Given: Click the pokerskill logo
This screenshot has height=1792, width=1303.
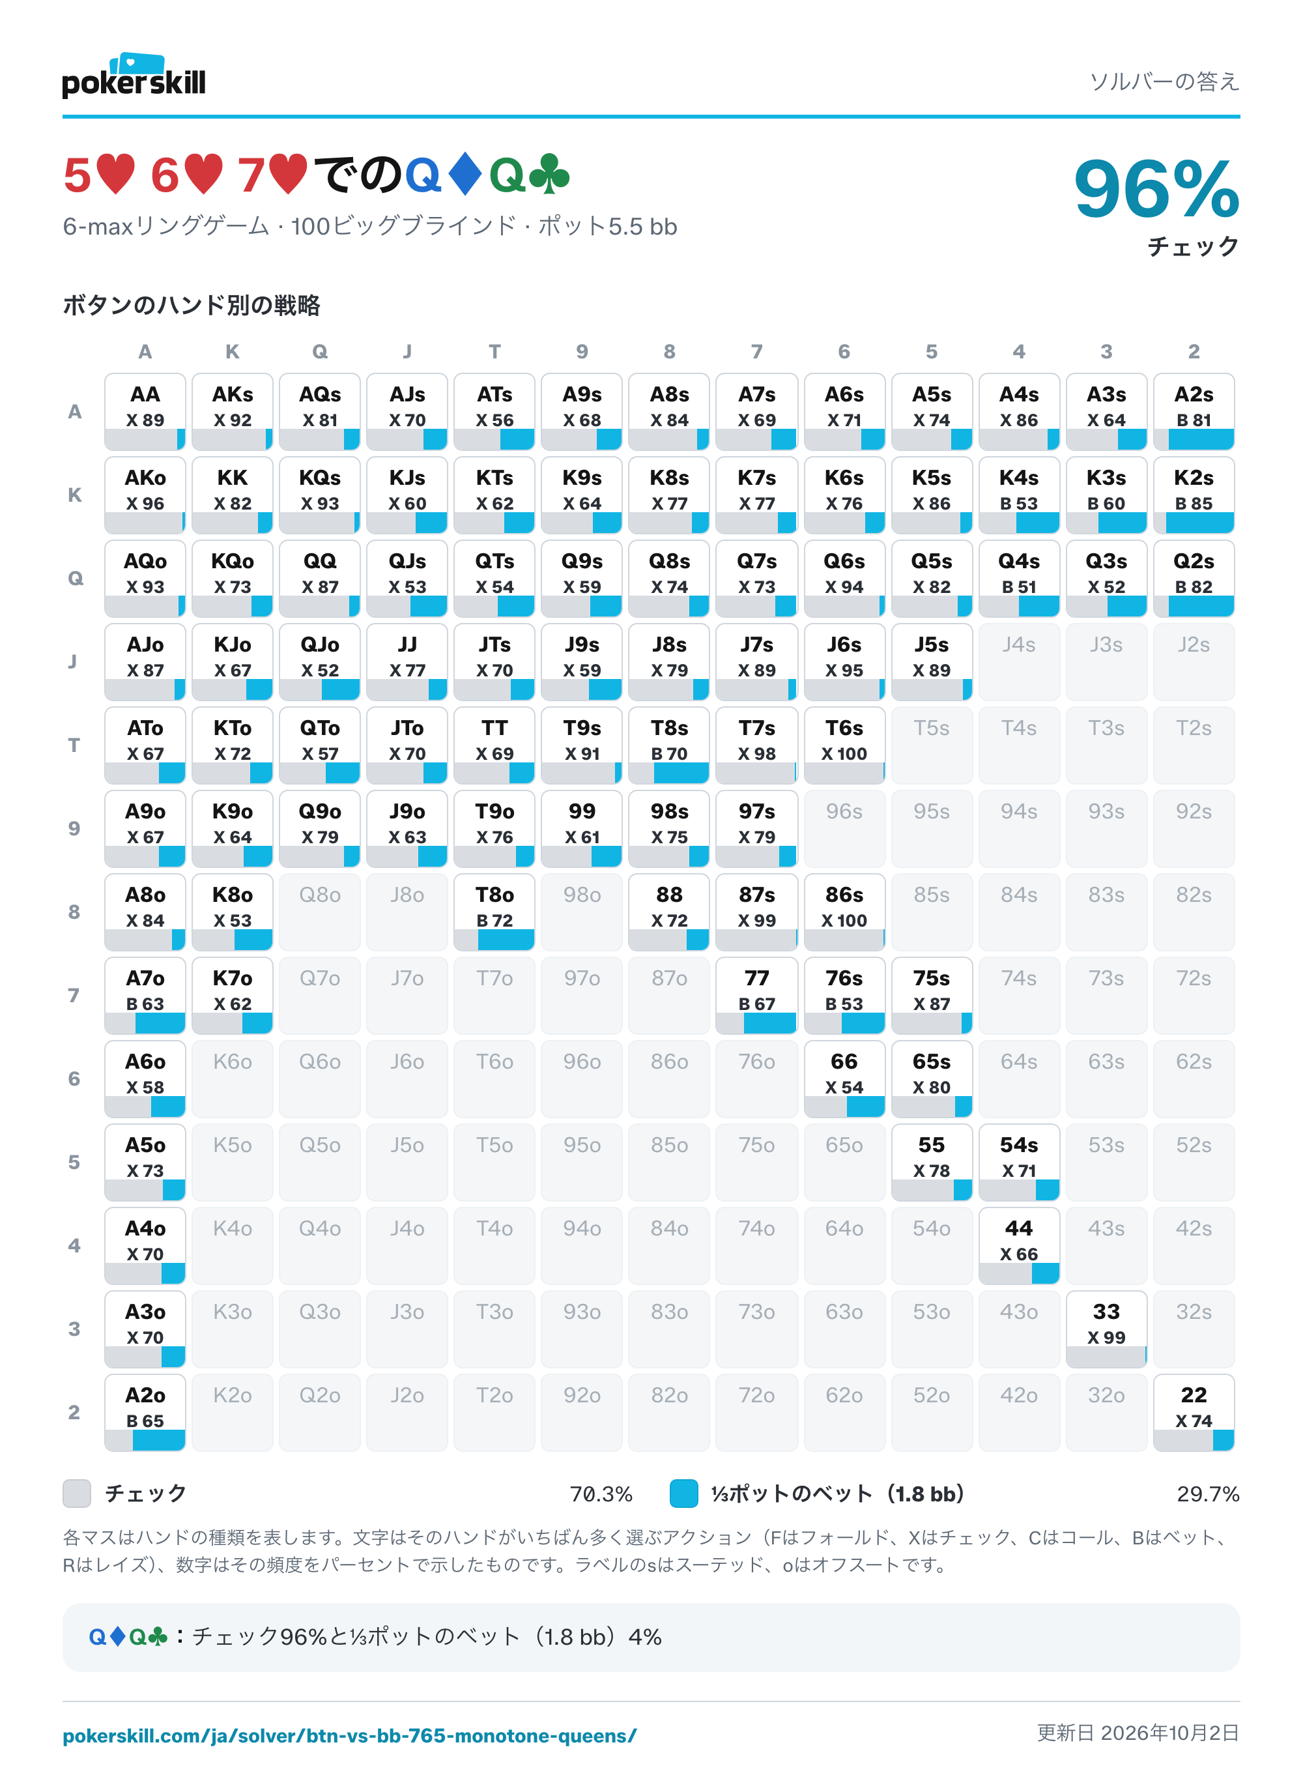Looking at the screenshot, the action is click(134, 76).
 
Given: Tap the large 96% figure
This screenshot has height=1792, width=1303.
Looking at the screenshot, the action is click(1156, 189).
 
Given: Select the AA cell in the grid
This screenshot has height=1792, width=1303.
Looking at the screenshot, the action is click(145, 412).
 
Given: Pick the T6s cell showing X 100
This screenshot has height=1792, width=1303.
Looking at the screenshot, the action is click(844, 745).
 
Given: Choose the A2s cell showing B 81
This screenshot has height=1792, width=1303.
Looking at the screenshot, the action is click(1193, 412).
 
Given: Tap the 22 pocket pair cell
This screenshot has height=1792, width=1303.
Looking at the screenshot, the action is click(1193, 1412).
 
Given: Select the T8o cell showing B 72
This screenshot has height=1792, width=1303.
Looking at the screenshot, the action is click(494, 912).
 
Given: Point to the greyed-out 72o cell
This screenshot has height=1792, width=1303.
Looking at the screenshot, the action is click(756, 1412).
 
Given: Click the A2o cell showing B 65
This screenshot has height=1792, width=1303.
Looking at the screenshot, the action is click(145, 1412).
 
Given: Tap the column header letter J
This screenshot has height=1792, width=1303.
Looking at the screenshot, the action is click(407, 352).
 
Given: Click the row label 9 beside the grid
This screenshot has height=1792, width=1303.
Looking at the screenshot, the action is click(74, 828).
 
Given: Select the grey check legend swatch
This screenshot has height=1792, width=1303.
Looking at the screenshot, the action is click(77, 1494).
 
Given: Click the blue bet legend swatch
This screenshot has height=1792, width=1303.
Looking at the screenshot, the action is click(683, 1494).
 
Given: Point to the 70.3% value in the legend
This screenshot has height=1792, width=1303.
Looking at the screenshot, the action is click(601, 1494).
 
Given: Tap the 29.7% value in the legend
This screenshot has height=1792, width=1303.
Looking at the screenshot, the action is click(1207, 1494).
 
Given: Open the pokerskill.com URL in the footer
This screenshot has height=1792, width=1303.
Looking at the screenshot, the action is click(349, 1736).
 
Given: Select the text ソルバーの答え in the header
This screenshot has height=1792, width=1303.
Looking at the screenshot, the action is click(1165, 81).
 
